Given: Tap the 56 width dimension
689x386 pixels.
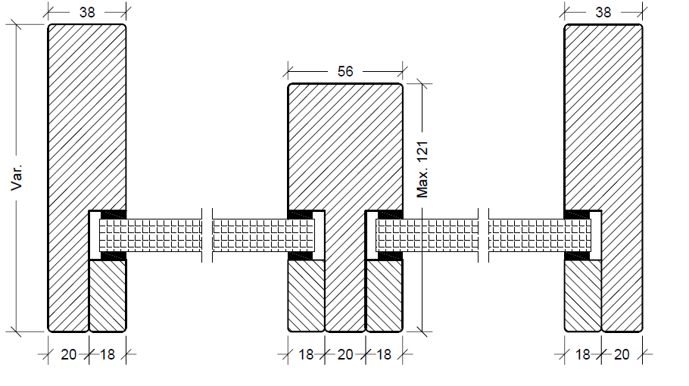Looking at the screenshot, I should coord(345,71).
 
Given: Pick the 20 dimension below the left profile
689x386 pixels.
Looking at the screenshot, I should coord(68,354).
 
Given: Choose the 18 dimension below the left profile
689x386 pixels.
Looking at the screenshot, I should coord(108,354).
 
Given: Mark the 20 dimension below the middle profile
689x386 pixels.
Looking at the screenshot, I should coord(345,354).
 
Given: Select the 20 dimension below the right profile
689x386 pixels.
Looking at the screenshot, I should coord(622,354).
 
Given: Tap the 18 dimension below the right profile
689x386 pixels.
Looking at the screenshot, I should coord(583,354).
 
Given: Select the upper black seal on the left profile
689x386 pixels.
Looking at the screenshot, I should coord(114,214).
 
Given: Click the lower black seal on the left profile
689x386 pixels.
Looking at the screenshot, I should coord(114,256).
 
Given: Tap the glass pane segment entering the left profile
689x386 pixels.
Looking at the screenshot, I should coord(151,235).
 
